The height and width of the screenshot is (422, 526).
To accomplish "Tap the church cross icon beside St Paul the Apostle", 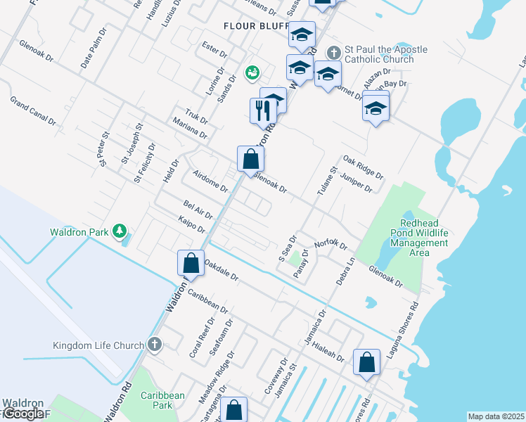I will [x=334, y=52].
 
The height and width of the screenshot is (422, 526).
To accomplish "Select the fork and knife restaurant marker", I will [x=261, y=110].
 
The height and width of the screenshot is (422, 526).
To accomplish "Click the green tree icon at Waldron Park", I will [x=120, y=231].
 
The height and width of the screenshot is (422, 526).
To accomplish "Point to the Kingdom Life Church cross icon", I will [x=155, y=345].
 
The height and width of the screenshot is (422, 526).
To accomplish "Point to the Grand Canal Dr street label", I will [x=32, y=111].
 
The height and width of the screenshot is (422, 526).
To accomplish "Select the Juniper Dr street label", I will [x=355, y=183].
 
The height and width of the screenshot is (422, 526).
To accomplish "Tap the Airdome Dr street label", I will [x=210, y=179].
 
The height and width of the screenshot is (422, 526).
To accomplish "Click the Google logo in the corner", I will [x=23, y=414].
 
